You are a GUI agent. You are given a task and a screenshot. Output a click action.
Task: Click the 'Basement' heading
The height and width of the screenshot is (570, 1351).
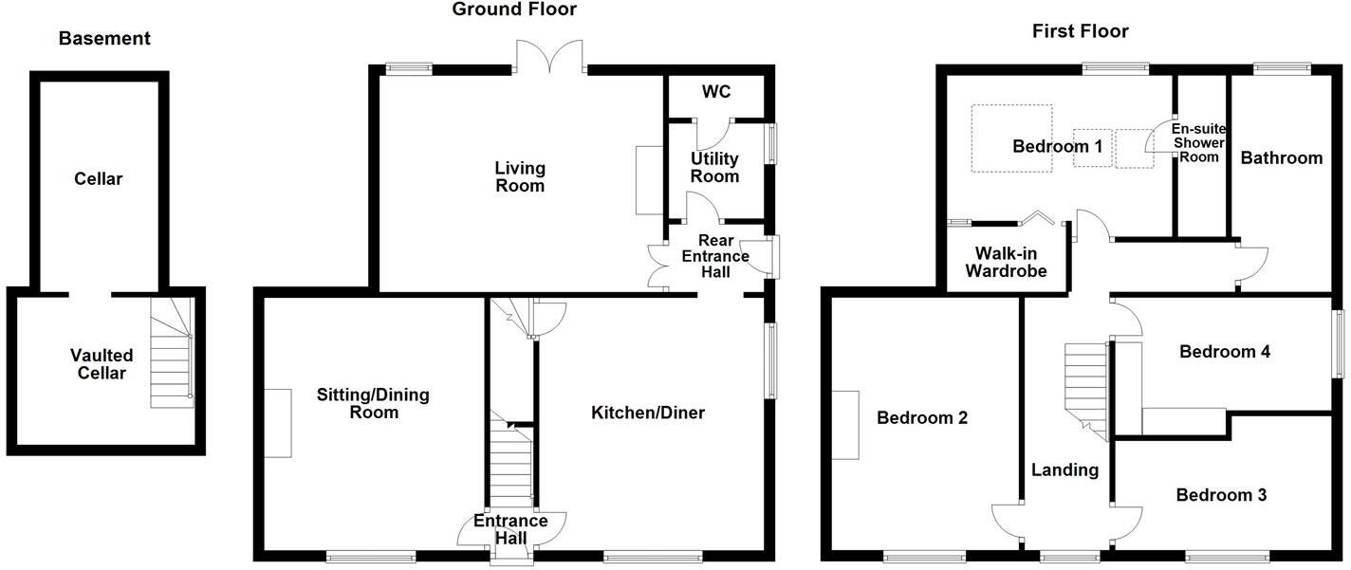[x=104, y=39]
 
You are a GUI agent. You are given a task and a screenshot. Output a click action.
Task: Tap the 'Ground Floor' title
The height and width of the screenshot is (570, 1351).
[x=513, y=9]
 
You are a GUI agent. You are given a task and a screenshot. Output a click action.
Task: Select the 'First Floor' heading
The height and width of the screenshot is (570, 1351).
[x=1080, y=31]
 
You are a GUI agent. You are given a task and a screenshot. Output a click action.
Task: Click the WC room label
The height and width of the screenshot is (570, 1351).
[x=715, y=92]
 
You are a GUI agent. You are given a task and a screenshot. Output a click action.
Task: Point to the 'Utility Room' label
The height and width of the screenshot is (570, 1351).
[x=714, y=168]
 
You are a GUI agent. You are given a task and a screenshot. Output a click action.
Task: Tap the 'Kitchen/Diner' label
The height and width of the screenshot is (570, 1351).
[x=648, y=413]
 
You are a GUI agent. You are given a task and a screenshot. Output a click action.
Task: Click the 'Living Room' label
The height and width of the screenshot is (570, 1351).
[x=520, y=176]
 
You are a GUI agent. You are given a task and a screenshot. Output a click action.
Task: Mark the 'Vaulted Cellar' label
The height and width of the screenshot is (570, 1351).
[x=102, y=364]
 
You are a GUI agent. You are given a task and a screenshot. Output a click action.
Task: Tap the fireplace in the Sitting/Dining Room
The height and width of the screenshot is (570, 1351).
[x=277, y=423]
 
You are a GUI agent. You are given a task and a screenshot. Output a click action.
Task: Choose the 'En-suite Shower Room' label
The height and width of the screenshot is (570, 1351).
[x=1198, y=142]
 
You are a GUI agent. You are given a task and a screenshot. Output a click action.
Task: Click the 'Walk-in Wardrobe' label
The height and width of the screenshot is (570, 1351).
[x=1006, y=262]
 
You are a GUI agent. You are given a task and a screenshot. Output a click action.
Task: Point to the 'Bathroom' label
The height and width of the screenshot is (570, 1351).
[x=1282, y=157]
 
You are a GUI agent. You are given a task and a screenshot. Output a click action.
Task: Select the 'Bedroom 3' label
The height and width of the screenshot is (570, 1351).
[x=1221, y=495]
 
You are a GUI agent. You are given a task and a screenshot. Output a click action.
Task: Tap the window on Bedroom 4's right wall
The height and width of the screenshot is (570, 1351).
[x=1340, y=344]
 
